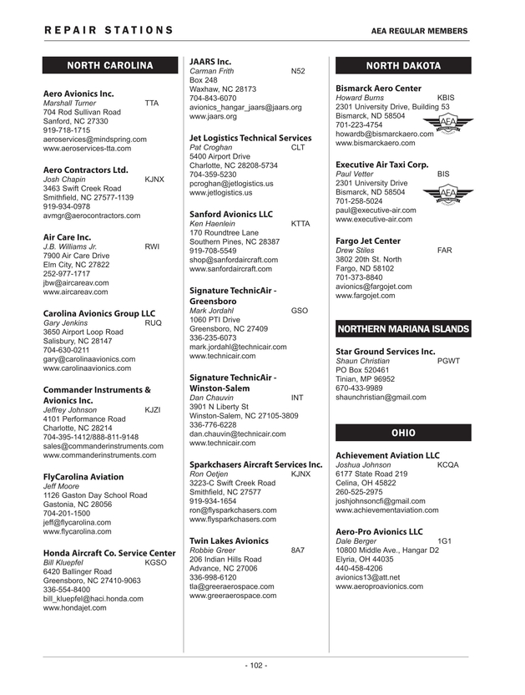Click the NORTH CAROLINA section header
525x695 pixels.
click(110, 65)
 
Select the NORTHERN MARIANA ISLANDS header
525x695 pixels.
click(402, 328)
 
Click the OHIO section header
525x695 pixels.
click(402, 432)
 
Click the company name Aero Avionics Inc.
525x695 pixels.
click(78, 94)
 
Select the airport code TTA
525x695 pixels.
click(151, 103)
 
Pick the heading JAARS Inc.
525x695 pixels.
click(210, 62)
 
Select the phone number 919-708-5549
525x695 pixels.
click(213, 251)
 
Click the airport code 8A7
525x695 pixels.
click(297, 550)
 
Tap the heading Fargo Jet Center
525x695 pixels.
click(368, 241)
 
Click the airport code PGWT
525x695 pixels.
click(448, 361)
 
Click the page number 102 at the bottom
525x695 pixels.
click(255, 666)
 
